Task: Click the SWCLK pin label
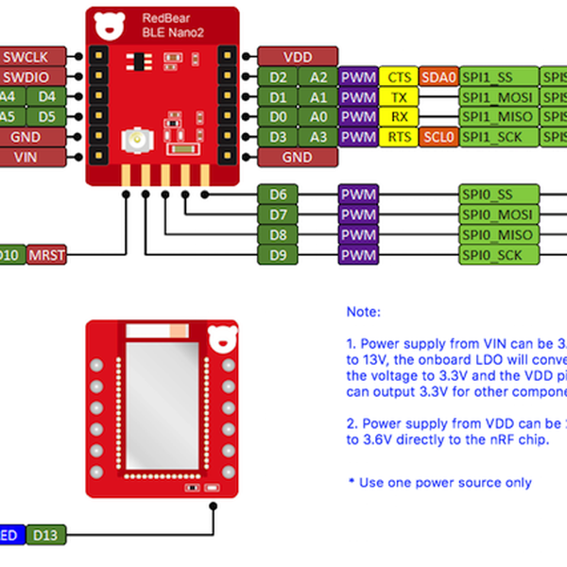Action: (31, 57)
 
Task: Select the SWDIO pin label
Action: (31, 77)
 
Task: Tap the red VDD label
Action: (298, 57)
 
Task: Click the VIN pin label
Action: (31, 156)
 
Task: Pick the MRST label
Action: (47, 255)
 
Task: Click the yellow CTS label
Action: (399, 77)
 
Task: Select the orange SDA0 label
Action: (438, 77)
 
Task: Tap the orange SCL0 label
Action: (438, 137)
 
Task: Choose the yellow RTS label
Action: (399, 137)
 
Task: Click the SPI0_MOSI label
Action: (497, 215)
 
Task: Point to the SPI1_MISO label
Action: (497, 117)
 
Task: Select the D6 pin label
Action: (278, 195)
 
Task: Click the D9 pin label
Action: (278, 255)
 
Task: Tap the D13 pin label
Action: (46, 536)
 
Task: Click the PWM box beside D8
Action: (358, 235)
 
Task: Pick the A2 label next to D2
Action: (318, 77)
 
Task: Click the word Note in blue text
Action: (364, 311)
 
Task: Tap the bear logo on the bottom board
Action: (224, 337)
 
